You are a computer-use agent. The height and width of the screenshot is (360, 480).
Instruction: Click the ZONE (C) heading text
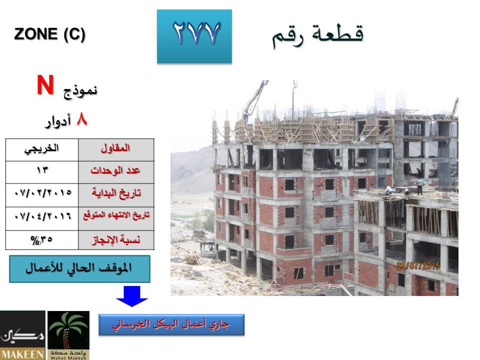49,34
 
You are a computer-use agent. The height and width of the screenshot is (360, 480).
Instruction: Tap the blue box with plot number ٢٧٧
194,36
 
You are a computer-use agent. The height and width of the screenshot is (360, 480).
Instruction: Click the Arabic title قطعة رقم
317,35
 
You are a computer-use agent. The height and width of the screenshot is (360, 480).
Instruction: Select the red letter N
45,85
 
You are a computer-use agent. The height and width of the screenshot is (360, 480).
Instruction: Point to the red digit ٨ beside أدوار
81,119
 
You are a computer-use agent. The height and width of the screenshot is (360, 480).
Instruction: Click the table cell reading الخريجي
42,150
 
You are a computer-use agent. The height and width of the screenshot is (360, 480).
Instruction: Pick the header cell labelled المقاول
116,150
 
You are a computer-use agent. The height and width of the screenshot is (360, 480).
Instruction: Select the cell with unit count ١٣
42,172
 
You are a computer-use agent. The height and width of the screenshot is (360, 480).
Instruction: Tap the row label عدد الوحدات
116,172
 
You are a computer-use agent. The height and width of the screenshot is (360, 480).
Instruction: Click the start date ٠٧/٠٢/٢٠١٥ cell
42,195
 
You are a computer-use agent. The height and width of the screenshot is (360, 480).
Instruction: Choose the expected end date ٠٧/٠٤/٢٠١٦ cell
42,218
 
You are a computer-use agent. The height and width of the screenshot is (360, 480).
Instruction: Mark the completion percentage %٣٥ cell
42,240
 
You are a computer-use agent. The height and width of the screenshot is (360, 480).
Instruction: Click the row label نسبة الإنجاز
116,240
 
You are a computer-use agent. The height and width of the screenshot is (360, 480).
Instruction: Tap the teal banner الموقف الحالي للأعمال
79,269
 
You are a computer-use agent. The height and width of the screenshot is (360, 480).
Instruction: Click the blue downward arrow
132,296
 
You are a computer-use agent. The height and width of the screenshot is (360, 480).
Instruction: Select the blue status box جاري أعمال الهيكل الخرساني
171,324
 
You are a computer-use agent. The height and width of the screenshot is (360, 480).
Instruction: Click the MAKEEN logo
22,335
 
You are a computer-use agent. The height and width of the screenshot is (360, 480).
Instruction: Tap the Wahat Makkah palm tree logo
68,335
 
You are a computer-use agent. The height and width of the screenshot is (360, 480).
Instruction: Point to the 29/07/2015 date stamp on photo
418,265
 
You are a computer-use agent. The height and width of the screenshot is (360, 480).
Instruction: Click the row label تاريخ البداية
116,195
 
